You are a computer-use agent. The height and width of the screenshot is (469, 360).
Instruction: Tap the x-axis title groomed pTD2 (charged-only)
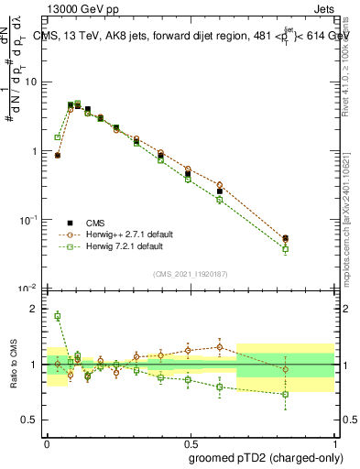coord(265,457)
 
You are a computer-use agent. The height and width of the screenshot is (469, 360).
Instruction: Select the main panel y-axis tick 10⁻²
coord(27,289)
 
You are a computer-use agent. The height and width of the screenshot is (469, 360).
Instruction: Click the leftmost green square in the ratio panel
coord(57,316)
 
